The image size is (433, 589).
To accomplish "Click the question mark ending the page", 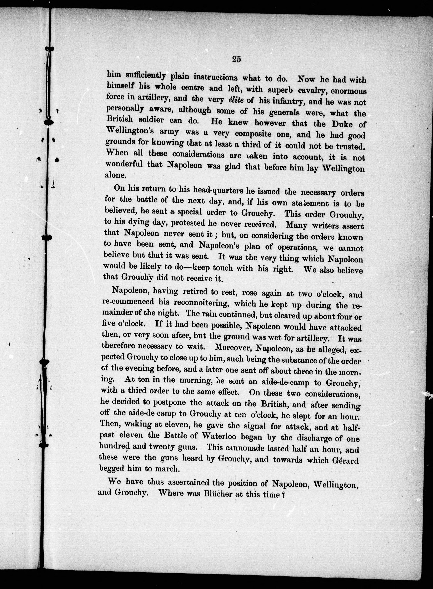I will [x=283, y=495].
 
